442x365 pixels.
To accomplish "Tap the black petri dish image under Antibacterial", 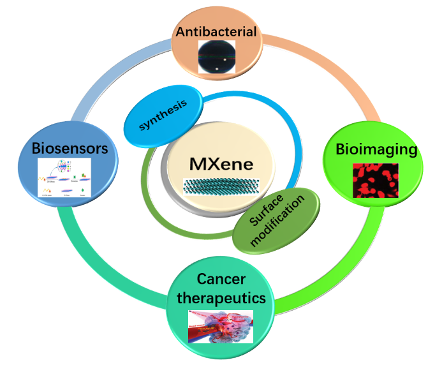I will [216, 56].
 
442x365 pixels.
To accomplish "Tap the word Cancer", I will [221, 279].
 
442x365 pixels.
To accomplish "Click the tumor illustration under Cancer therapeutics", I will [221, 325].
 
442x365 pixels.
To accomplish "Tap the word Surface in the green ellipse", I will [265, 209].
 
